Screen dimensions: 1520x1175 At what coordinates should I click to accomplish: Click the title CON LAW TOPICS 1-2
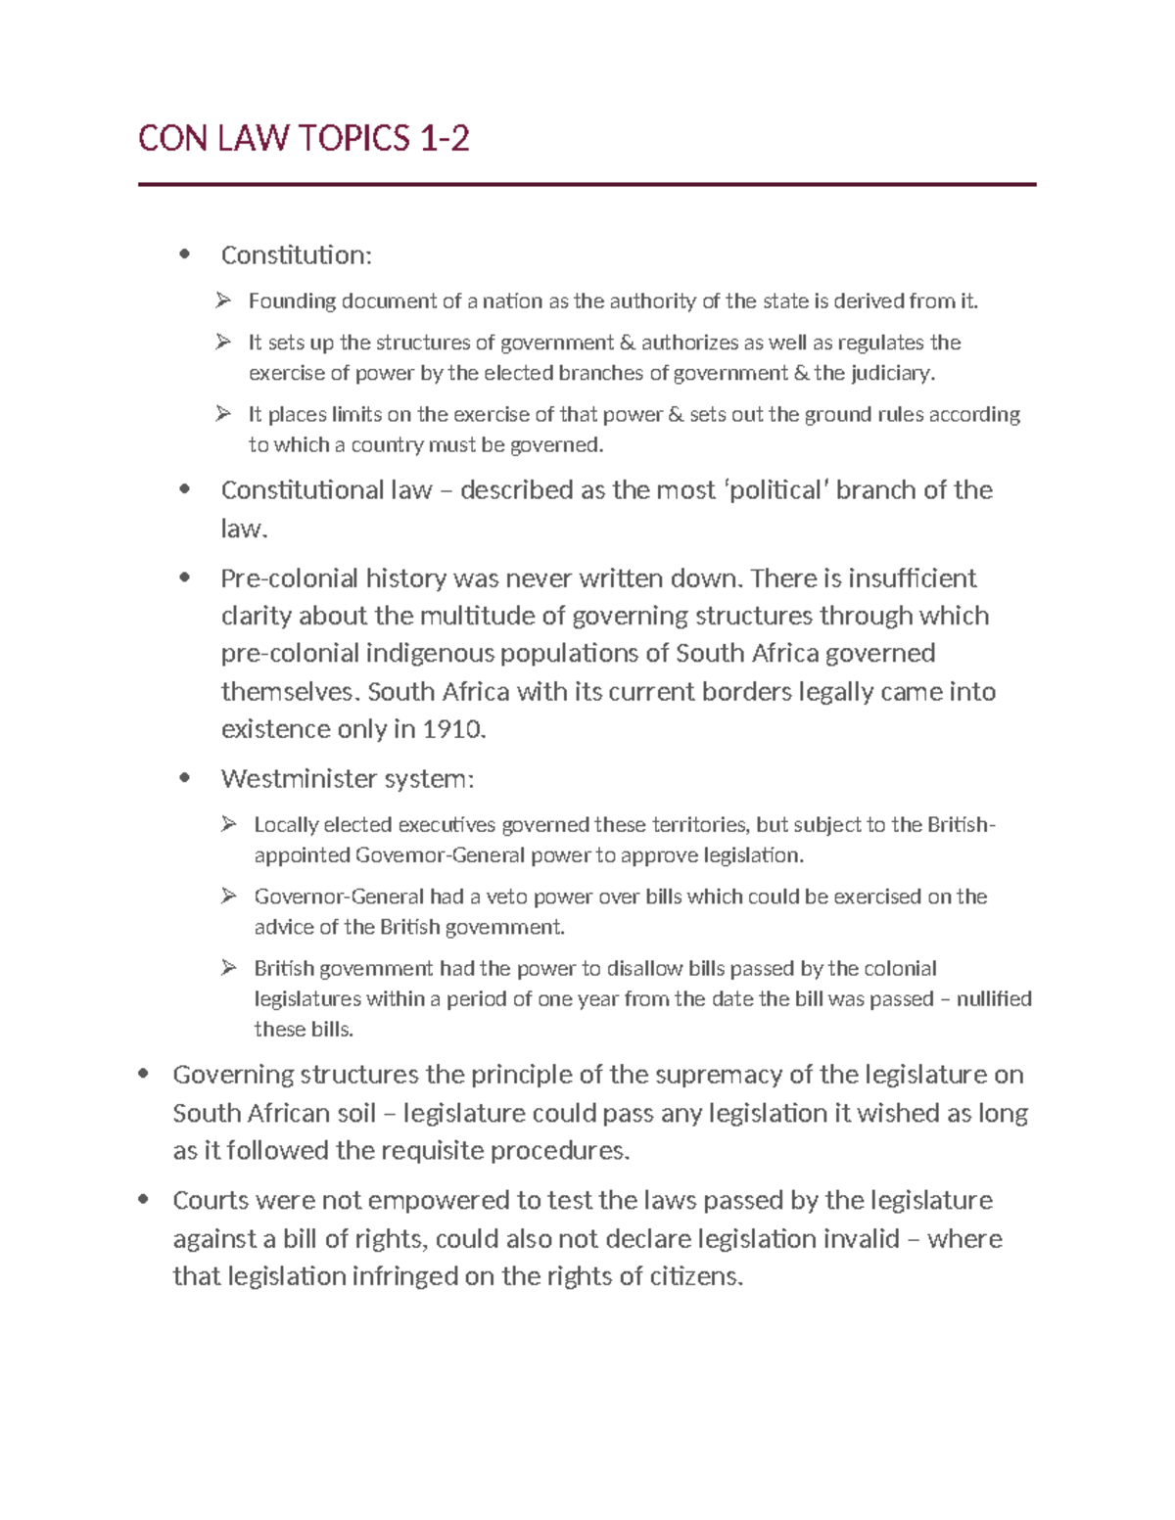tap(304, 139)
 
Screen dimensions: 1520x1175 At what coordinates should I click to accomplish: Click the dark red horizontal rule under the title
tap(587, 184)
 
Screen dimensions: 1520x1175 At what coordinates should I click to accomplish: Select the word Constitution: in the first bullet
tap(296, 255)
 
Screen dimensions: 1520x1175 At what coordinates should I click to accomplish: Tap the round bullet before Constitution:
tap(184, 254)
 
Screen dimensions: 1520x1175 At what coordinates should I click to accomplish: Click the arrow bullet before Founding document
tap(224, 300)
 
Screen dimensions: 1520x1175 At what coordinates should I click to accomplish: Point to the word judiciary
tap(892, 373)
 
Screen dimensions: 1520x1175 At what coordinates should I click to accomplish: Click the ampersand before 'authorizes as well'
tap(627, 343)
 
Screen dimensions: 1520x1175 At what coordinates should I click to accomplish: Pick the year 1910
tap(452, 729)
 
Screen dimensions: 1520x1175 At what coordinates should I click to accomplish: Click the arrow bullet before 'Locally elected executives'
tap(229, 824)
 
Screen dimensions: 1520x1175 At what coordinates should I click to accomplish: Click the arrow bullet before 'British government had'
tap(229, 968)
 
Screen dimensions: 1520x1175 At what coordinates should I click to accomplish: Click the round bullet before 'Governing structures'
tap(144, 1074)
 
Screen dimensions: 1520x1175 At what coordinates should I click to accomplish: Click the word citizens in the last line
tap(696, 1276)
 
